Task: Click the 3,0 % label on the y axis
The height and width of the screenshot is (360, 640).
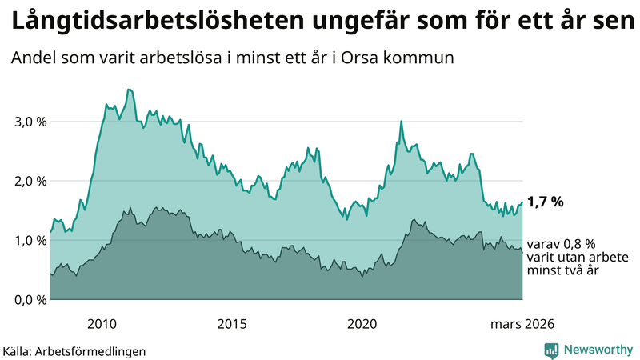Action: point(26,122)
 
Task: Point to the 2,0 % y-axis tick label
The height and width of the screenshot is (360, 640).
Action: point(26,181)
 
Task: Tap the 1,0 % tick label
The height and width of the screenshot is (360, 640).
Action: point(26,240)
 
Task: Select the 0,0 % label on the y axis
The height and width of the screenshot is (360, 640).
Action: point(26,299)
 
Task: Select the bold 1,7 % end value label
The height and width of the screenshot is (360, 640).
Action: point(546,202)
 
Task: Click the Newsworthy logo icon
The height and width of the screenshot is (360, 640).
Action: point(551,350)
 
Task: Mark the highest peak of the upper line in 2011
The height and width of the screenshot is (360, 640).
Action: point(130,90)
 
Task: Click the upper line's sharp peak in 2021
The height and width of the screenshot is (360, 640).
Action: point(401,122)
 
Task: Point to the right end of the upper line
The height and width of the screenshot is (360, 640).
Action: point(522,202)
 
